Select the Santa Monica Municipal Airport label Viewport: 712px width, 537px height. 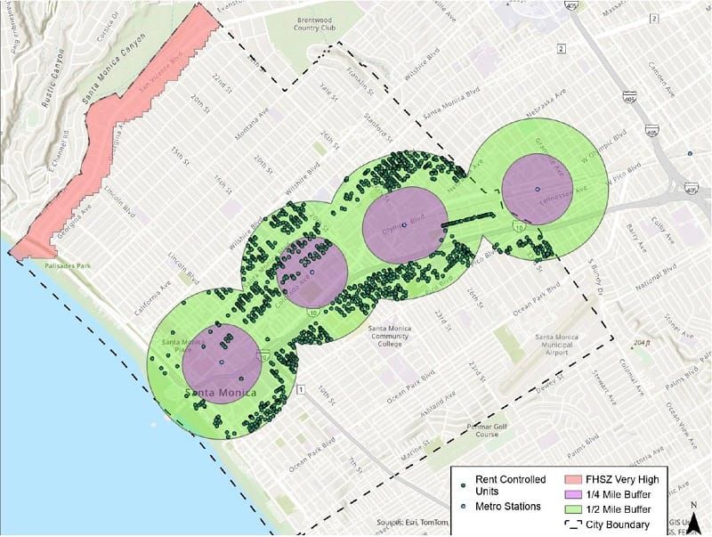558,344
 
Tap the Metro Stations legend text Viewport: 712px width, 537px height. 507,507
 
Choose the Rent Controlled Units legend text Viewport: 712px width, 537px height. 504,484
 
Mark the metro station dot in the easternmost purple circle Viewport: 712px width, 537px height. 538,190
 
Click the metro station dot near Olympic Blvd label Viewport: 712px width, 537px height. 404,225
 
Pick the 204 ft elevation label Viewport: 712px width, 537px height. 642,343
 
